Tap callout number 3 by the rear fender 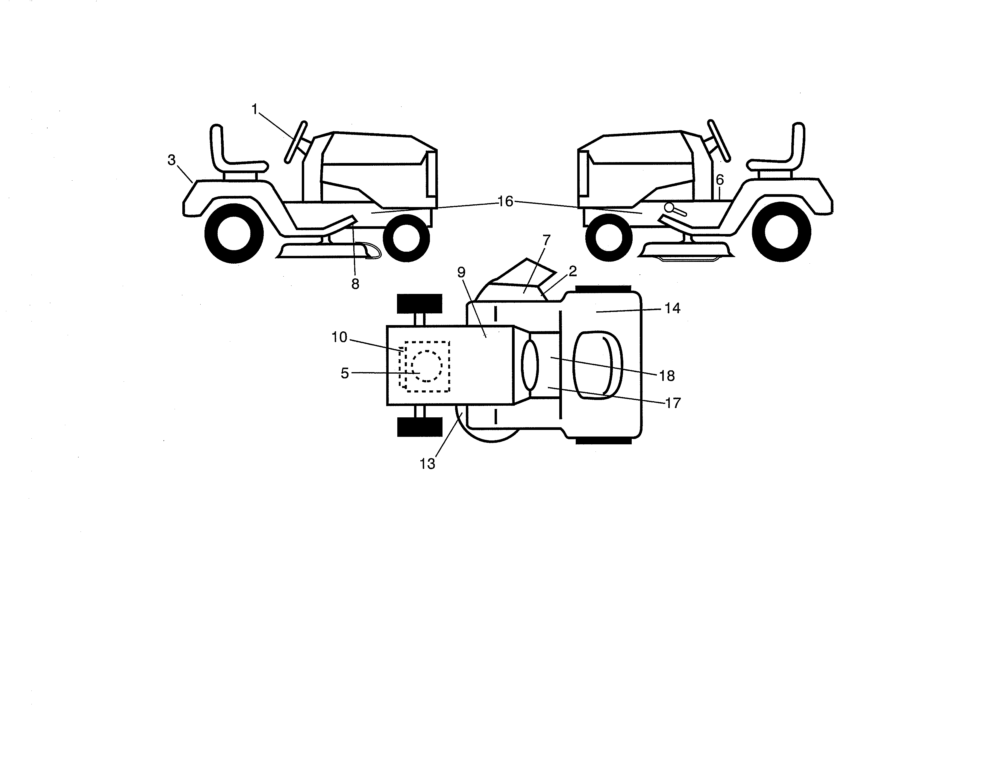[x=172, y=160]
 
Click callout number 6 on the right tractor [x=720, y=180]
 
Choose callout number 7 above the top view [x=546, y=240]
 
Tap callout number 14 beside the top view [x=672, y=308]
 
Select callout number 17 [x=673, y=402]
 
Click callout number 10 [x=339, y=337]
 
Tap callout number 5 [x=345, y=373]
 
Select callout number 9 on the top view [x=461, y=272]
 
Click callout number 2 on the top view [x=573, y=271]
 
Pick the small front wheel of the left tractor [x=406, y=238]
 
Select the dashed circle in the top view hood [x=427, y=366]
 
